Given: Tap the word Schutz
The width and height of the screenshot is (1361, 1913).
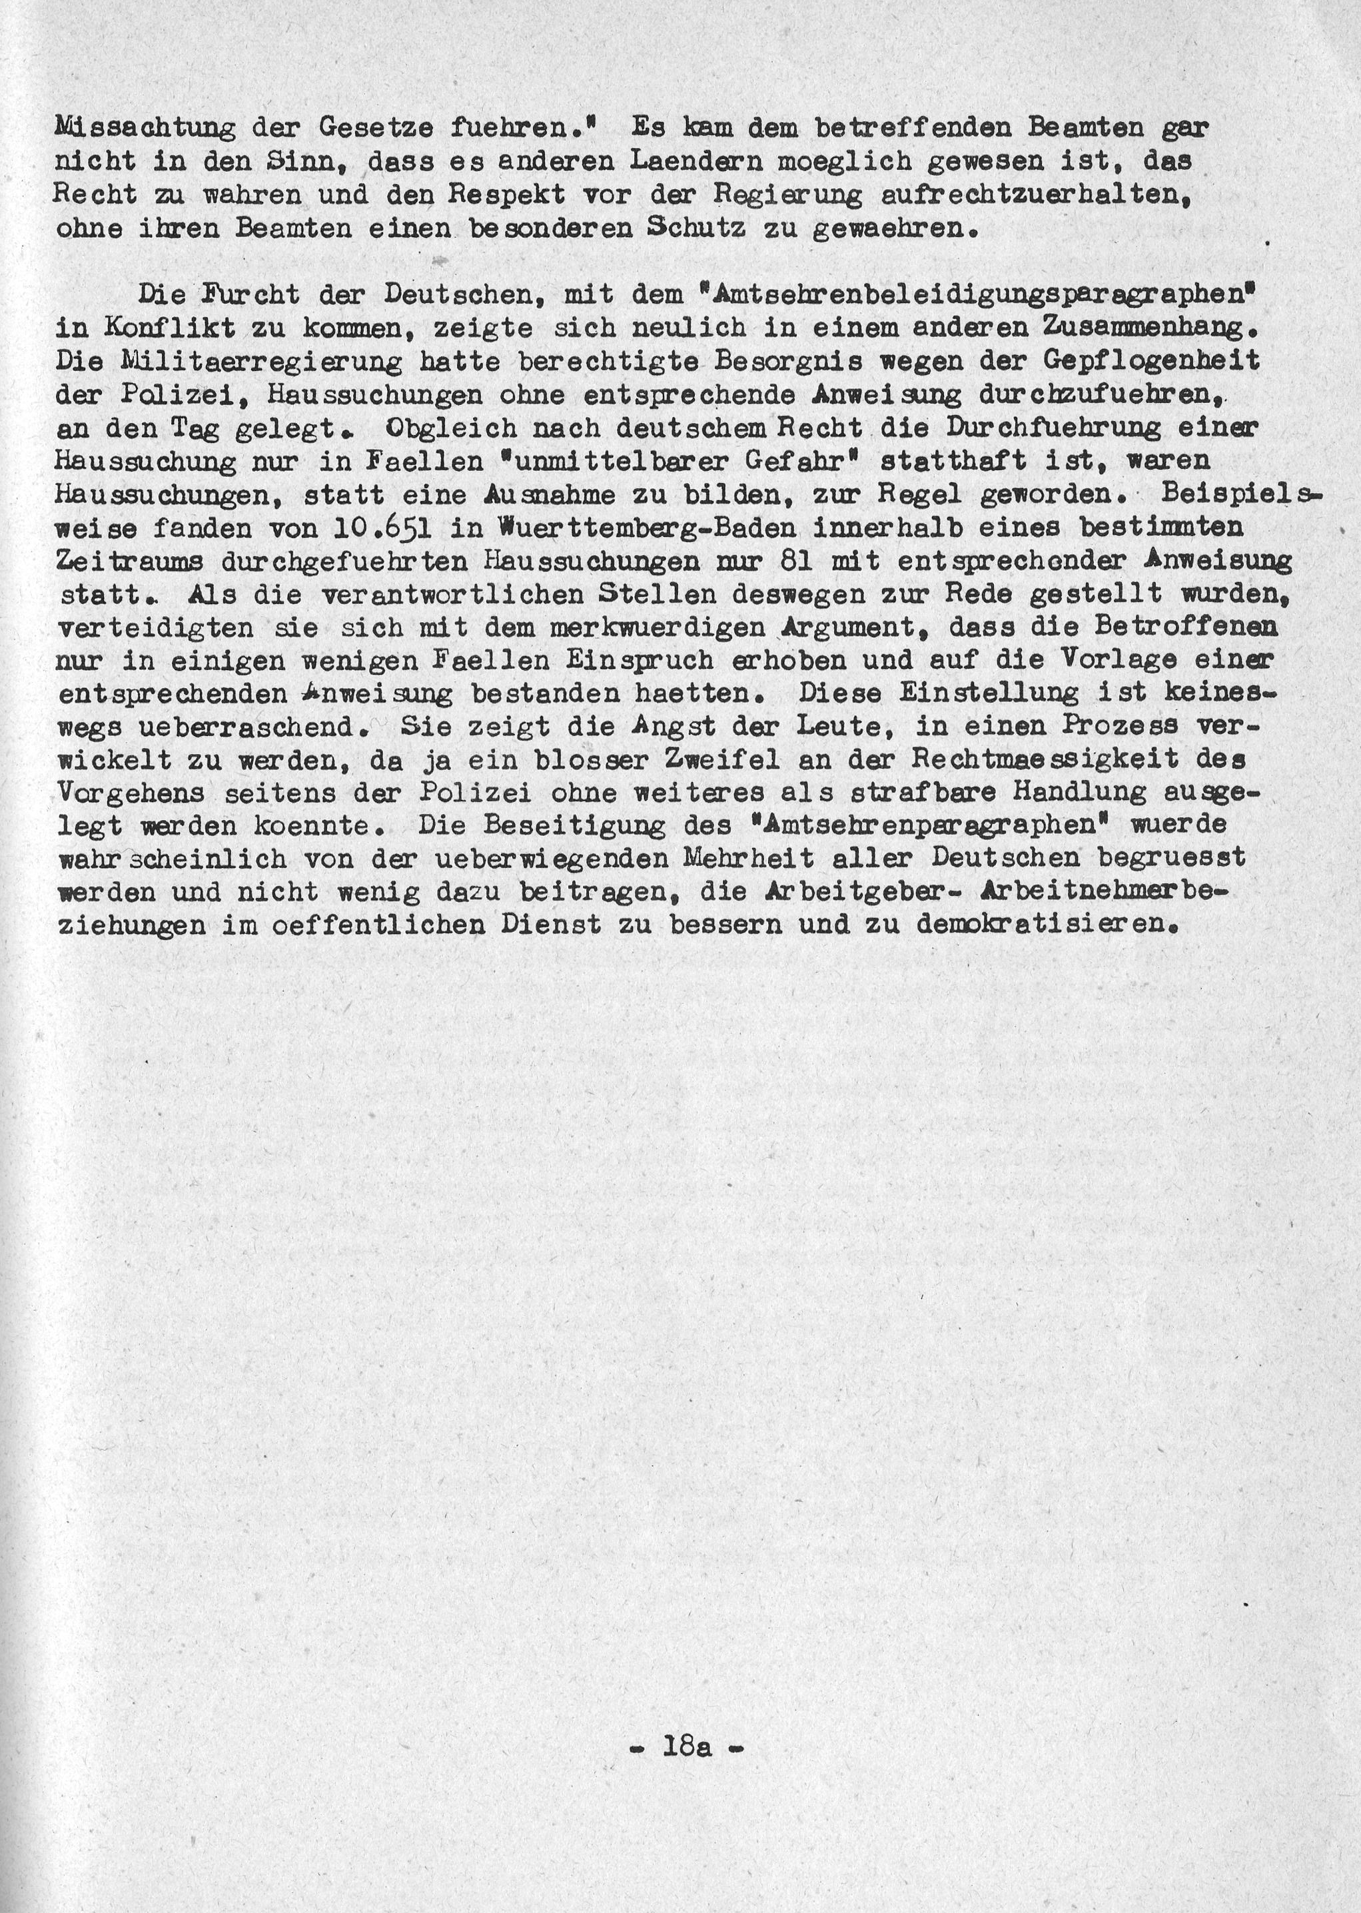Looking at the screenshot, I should (x=695, y=228).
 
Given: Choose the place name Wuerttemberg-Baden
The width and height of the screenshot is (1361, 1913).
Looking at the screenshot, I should (x=634, y=528).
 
